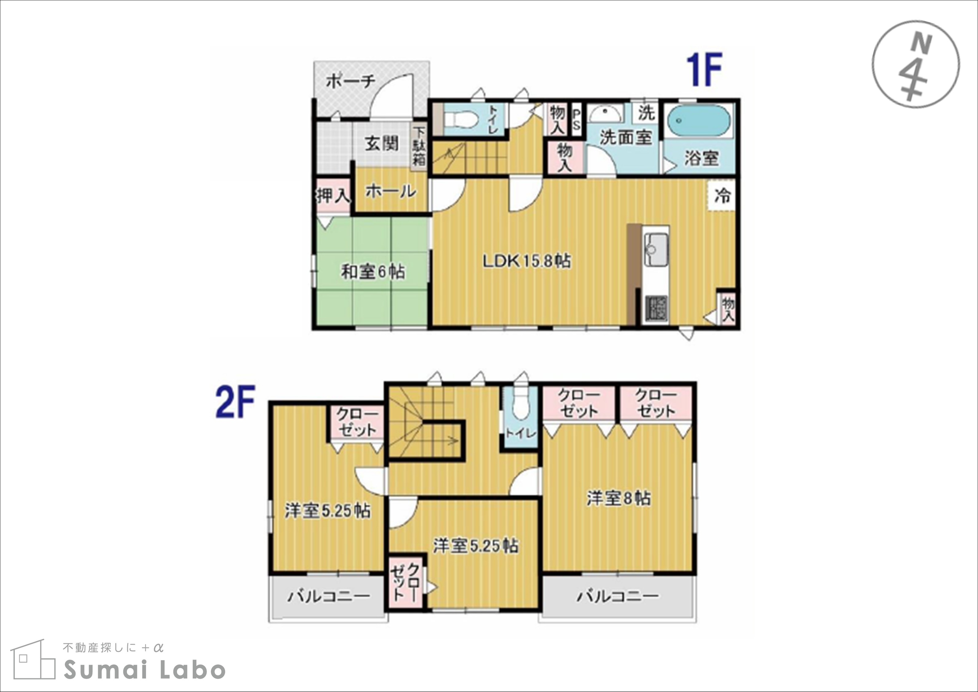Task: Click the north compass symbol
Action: click(915, 64)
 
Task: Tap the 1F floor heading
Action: click(704, 69)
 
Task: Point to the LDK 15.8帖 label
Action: click(527, 261)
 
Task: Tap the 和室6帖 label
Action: click(373, 272)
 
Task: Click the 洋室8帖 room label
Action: click(619, 498)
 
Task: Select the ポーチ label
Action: click(350, 81)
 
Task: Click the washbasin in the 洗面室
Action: click(606, 114)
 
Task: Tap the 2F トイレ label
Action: click(520, 433)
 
